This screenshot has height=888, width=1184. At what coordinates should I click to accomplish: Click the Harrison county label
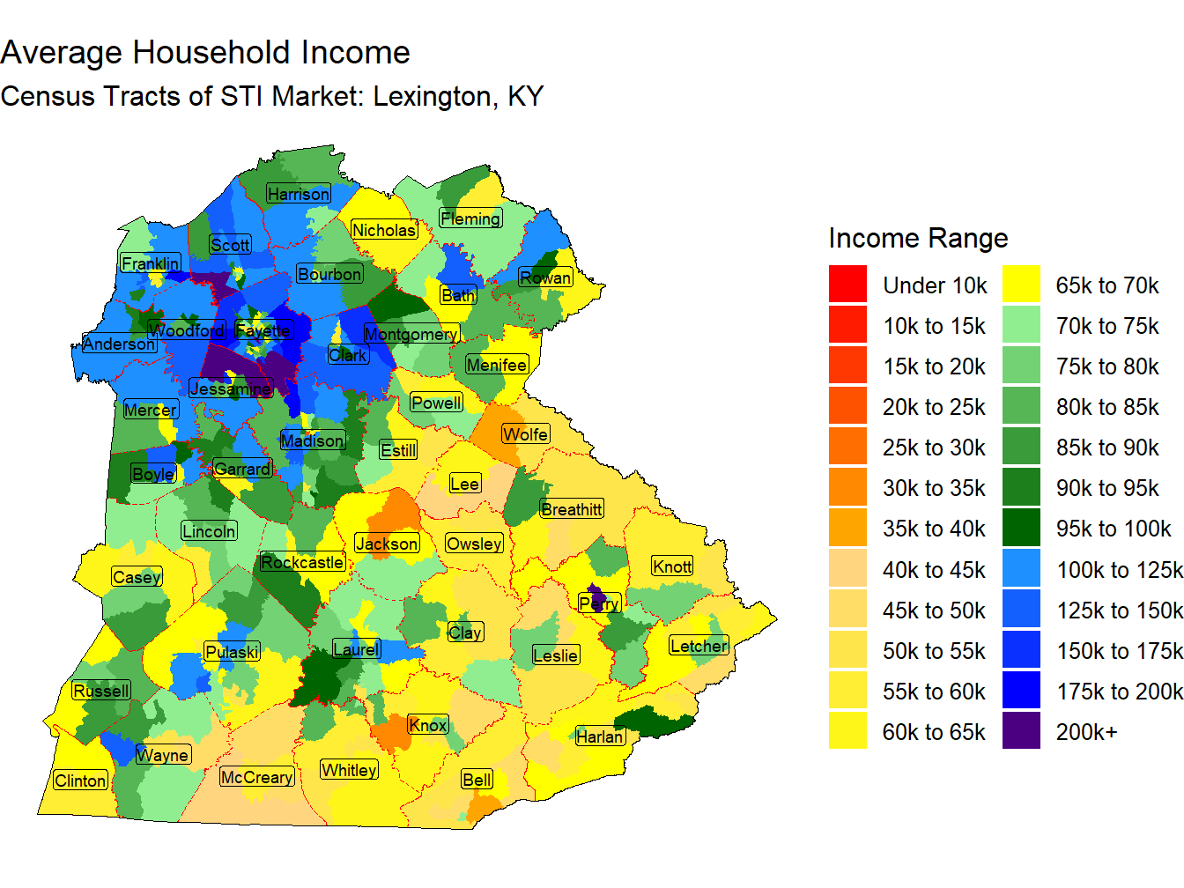(299, 194)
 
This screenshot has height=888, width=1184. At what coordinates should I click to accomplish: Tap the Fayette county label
(263, 331)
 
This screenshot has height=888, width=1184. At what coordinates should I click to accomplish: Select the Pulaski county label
(232, 652)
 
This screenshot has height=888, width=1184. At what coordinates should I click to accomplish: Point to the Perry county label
(600, 603)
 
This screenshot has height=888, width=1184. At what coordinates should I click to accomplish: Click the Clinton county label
(80, 781)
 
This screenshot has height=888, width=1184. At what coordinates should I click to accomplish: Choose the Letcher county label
(699, 646)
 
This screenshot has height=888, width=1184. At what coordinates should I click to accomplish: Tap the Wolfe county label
(525, 434)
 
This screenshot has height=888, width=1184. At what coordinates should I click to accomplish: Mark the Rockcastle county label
(302, 562)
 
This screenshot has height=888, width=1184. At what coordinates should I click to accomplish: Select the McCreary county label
(256, 777)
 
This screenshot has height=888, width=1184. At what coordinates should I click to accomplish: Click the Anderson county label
(119, 344)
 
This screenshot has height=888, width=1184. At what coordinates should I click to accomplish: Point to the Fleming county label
(470, 218)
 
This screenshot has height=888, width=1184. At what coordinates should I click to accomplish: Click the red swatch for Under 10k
(847, 285)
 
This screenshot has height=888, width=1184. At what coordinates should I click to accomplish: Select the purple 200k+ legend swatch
(1021, 731)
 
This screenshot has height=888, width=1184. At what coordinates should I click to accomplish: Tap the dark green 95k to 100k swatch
(1021, 529)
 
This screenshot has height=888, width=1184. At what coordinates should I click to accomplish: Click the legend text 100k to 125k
(1120, 570)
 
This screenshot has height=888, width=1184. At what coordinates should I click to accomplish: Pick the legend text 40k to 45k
(934, 570)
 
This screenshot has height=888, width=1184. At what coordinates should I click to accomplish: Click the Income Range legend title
(918, 238)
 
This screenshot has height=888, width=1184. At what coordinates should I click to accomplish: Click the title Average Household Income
(205, 53)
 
